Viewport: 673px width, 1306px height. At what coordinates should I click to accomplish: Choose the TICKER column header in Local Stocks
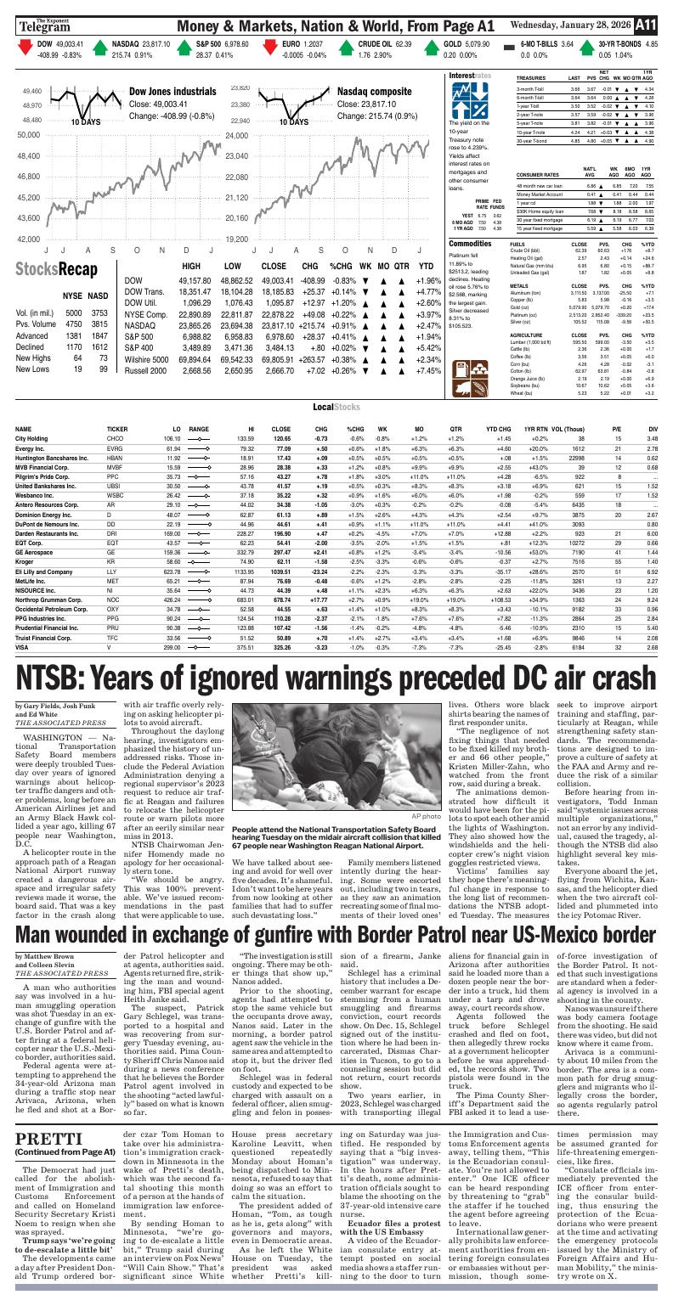point(117,429)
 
